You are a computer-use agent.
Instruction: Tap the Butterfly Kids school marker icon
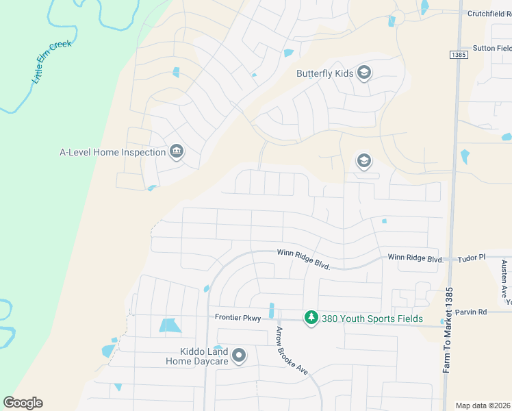coord(363,73)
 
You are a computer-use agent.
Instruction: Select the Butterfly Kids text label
coord(325,73)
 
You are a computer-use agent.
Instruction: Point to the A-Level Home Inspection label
coord(113,152)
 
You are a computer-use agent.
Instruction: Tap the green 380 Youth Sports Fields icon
coord(311,319)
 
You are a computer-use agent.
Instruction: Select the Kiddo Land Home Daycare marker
coord(239,355)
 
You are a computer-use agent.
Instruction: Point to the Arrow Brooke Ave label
coord(292,349)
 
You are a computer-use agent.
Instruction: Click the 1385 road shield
coord(459,54)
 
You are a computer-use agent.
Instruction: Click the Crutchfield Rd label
coord(489,13)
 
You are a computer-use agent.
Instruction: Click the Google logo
coord(23,403)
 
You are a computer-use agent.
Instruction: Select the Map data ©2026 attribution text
coord(483,406)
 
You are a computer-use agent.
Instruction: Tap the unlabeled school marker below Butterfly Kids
coord(363,162)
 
